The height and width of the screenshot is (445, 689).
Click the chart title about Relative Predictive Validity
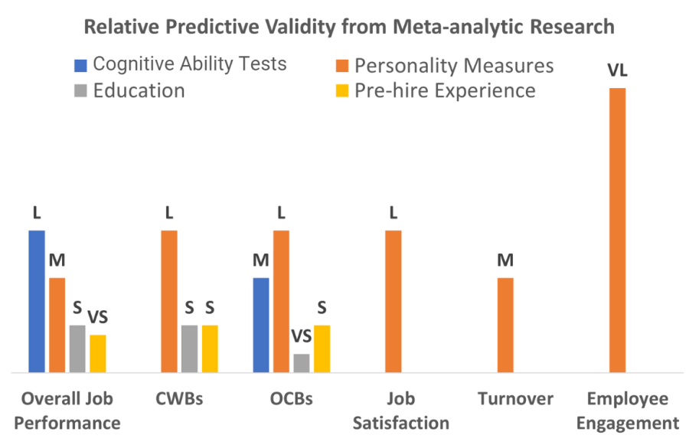(x=348, y=28)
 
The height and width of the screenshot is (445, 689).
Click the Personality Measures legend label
(x=454, y=65)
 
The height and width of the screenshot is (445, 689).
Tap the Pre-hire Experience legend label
(x=445, y=90)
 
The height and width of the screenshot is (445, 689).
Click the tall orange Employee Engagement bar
(x=617, y=230)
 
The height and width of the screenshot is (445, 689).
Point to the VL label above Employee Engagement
(x=617, y=71)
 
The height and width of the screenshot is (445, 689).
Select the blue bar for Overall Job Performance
(x=37, y=301)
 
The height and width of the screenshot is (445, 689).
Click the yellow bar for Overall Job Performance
(x=97, y=353)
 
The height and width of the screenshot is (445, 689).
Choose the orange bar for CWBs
(x=169, y=301)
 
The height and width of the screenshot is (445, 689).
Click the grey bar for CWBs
(x=189, y=348)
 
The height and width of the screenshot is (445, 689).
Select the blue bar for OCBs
(x=261, y=325)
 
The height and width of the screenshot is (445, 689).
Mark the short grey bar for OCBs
(x=302, y=363)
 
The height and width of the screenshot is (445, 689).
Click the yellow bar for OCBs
(x=322, y=348)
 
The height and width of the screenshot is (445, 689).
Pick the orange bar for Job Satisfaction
(x=393, y=301)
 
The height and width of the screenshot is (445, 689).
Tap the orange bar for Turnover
(x=505, y=325)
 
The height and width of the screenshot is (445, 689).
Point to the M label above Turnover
(x=505, y=260)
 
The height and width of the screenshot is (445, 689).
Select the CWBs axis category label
(x=179, y=400)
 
